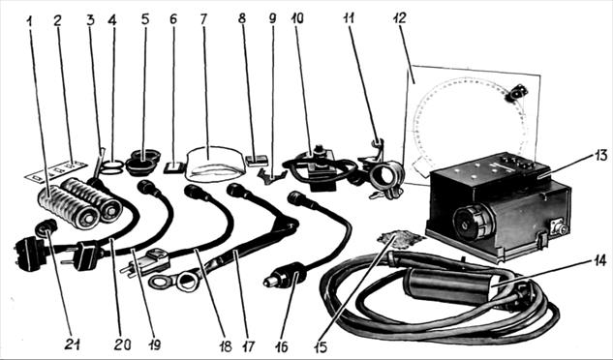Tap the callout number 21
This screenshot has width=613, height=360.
coord(73,345)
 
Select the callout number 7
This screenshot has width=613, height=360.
coord(203,18)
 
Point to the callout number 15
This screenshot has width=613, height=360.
coord(321,347)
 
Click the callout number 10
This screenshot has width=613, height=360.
coord(297,18)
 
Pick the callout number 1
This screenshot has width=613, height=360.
coord(28,20)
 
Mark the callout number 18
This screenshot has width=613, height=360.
coord(226,345)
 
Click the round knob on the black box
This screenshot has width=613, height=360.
coord(471,223)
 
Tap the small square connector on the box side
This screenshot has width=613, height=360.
coord(558,226)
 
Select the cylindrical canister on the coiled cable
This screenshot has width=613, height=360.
coord(449,286)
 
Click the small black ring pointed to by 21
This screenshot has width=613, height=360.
coord(46,227)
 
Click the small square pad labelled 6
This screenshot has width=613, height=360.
coord(174,167)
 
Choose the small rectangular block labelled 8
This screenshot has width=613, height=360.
coord(257,161)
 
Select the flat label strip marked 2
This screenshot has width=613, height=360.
coord(55,170)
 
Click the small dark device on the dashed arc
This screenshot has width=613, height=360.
coord(517,94)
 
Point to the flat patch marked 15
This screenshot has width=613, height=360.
coord(400,239)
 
